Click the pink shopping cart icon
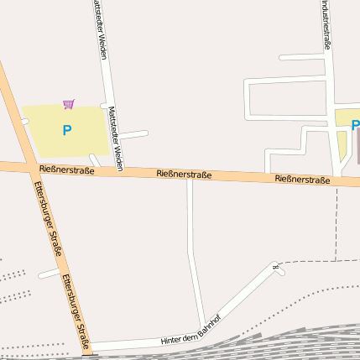pyautogui.click(x=69, y=104)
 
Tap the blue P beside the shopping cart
pyautogui.click(x=67, y=130)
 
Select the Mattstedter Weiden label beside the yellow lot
pyautogui.click(x=115, y=138)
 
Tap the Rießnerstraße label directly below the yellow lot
pyautogui.click(x=66, y=170)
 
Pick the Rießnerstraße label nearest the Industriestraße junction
pyautogui.click(x=302, y=180)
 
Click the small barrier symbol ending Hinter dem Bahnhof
pyautogui.click(x=274, y=268)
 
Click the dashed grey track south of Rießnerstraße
pyautogui.click(x=337, y=227)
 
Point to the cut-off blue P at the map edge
pyautogui.click(x=355, y=126)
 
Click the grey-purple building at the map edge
pyautogui.click(x=357, y=146)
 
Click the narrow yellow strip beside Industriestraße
pyautogui.click(x=342, y=147)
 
